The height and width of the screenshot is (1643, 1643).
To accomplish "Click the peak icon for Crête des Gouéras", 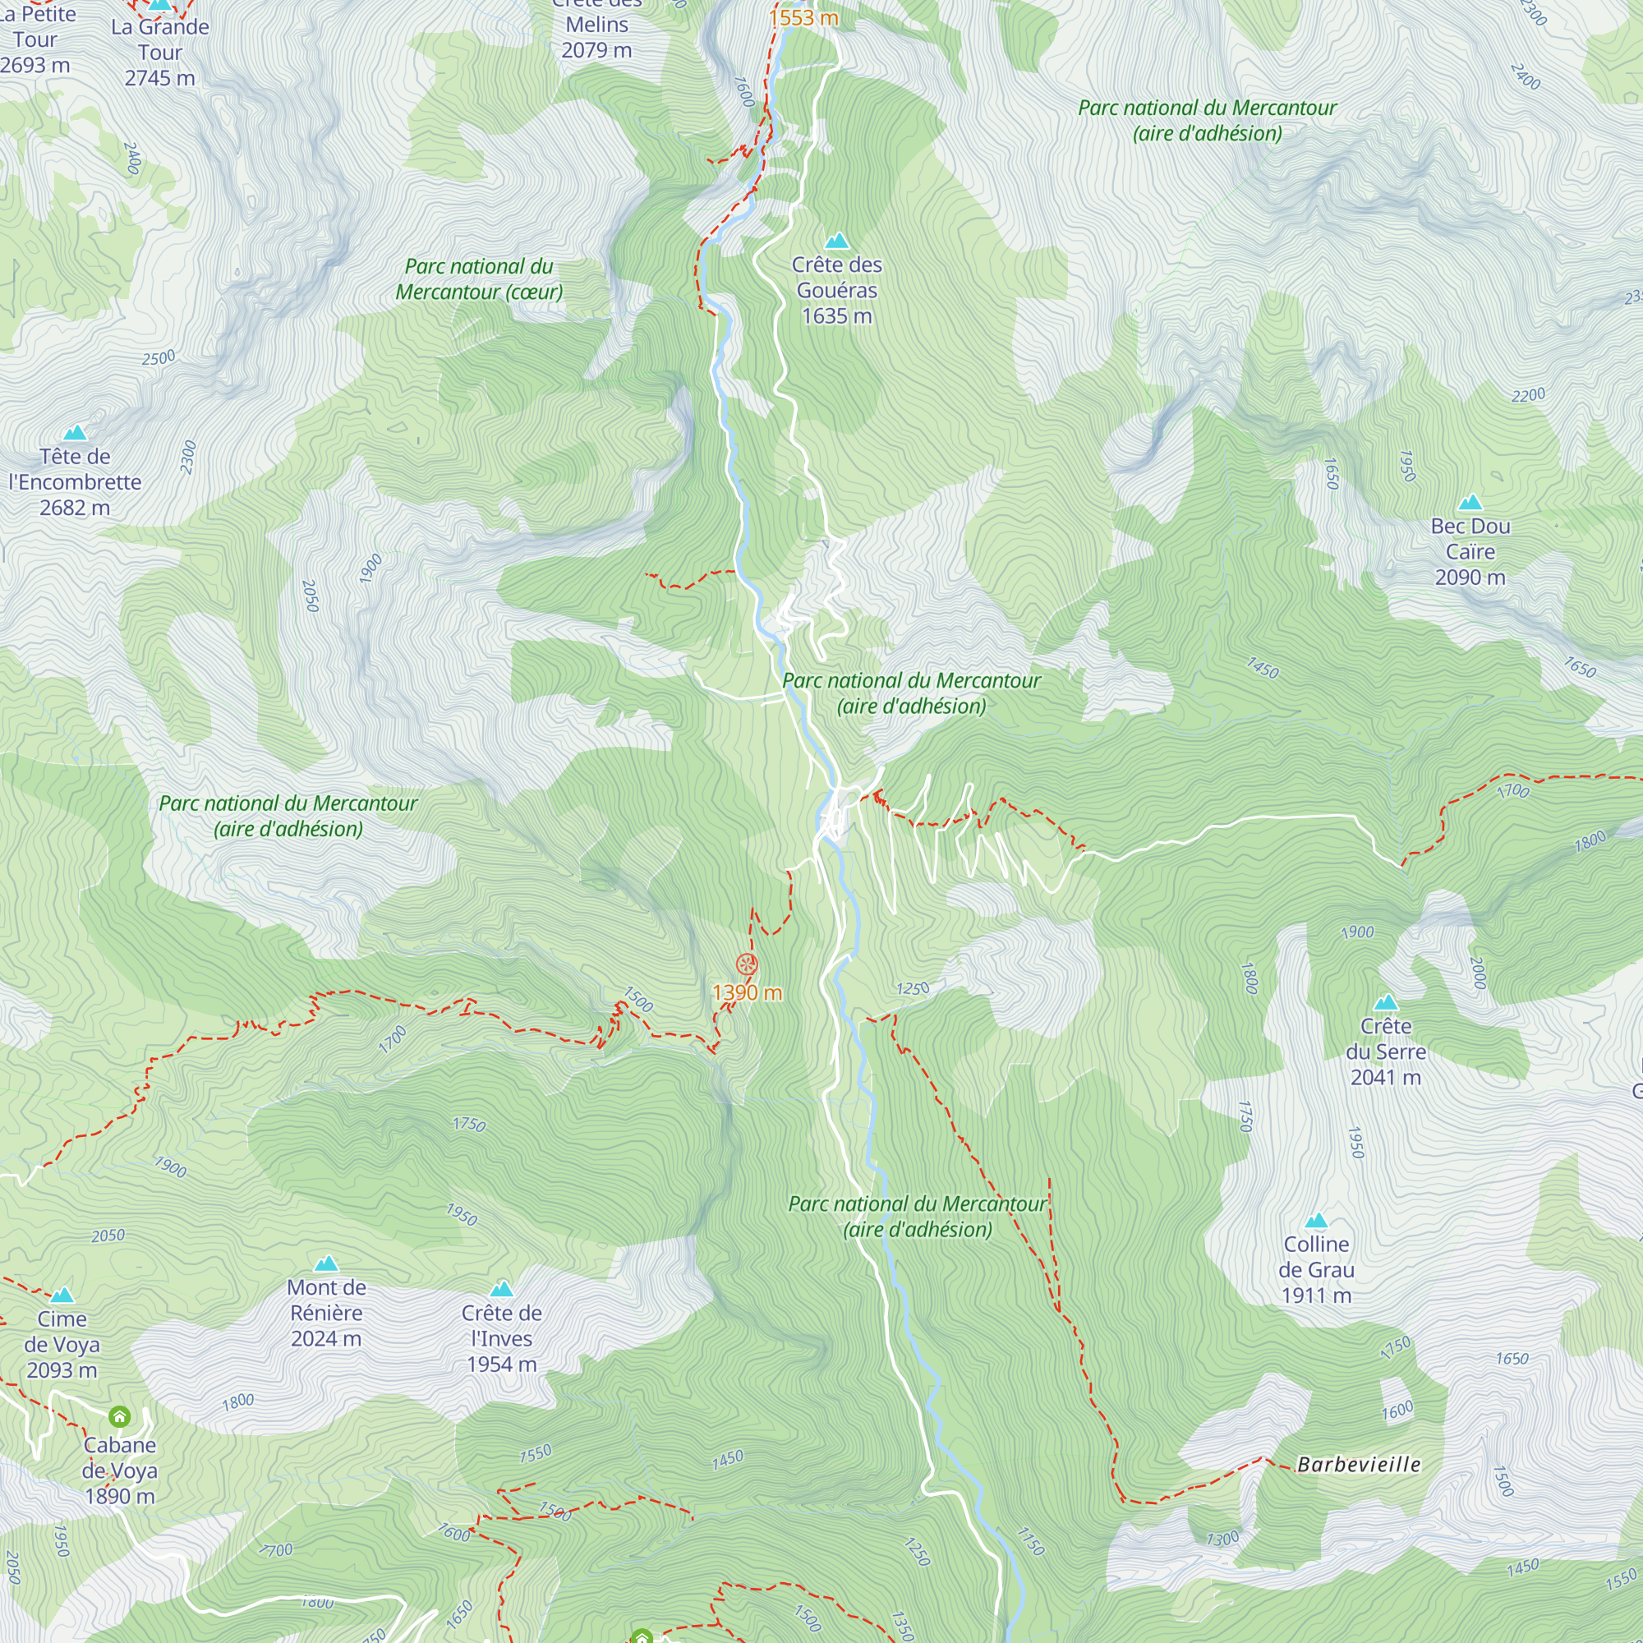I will (837, 241).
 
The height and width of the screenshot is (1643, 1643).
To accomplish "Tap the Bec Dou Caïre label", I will (1470, 551).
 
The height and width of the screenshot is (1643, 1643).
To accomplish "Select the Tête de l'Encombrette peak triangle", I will (75, 433).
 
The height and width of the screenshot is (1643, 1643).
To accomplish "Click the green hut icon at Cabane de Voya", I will (120, 1416).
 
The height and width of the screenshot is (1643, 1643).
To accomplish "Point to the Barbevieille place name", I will (1358, 1465).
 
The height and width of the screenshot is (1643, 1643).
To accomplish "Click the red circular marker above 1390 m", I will (747, 964).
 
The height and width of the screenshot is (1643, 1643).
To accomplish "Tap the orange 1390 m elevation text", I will (747, 992).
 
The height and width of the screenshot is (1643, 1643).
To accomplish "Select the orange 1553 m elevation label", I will (803, 18).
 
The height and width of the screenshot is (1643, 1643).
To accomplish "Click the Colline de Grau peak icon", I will (1315, 1222).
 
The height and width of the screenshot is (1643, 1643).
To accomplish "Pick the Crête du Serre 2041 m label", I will (1385, 1052).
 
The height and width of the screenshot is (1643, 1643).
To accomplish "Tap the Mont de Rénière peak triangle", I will (327, 1263).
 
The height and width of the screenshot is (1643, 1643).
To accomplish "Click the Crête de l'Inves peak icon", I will (502, 1289).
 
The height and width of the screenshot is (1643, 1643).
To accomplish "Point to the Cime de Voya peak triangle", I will (62, 1296).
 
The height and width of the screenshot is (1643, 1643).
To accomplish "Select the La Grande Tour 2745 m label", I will (160, 52).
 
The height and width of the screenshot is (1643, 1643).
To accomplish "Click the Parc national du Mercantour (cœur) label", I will (479, 279).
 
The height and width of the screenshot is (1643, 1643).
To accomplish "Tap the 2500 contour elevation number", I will (159, 358).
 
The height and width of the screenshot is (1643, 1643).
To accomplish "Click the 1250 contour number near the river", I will (913, 988).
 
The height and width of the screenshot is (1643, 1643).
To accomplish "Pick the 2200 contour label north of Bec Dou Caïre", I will (1527, 395).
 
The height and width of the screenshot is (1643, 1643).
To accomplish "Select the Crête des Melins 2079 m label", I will (597, 25).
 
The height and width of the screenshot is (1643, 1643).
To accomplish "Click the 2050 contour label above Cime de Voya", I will (108, 1236).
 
